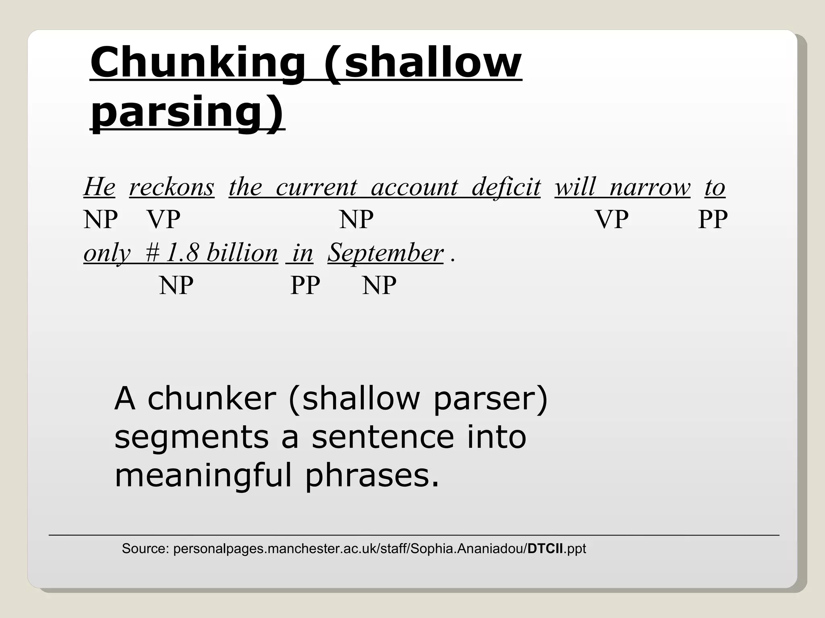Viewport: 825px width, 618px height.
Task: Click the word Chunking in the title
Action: tap(197, 63)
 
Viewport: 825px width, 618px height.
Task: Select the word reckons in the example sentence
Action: tap(172, 187)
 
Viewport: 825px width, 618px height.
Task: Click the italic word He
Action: tap(99, 187)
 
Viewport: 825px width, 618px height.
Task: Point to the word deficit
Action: tap(506, 187)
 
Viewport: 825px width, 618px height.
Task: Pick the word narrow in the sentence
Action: tap(650, 187)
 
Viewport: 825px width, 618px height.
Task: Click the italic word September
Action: tap(386, 253)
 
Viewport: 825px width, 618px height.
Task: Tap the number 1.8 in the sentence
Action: tap(182, 253)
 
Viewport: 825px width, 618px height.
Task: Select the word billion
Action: tap(242, 253)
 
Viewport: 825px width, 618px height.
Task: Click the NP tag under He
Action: tap(101, 220)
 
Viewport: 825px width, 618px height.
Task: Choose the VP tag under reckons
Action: tap(164, 220)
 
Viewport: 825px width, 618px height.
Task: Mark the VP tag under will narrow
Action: tap(612, 220)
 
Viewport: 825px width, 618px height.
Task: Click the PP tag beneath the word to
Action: tap(713, 220)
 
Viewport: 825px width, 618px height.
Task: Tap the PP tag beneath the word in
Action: tap(305, 286)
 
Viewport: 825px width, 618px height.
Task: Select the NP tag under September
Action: tap(379, 286)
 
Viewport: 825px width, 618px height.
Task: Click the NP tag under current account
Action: tap(356, 220)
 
